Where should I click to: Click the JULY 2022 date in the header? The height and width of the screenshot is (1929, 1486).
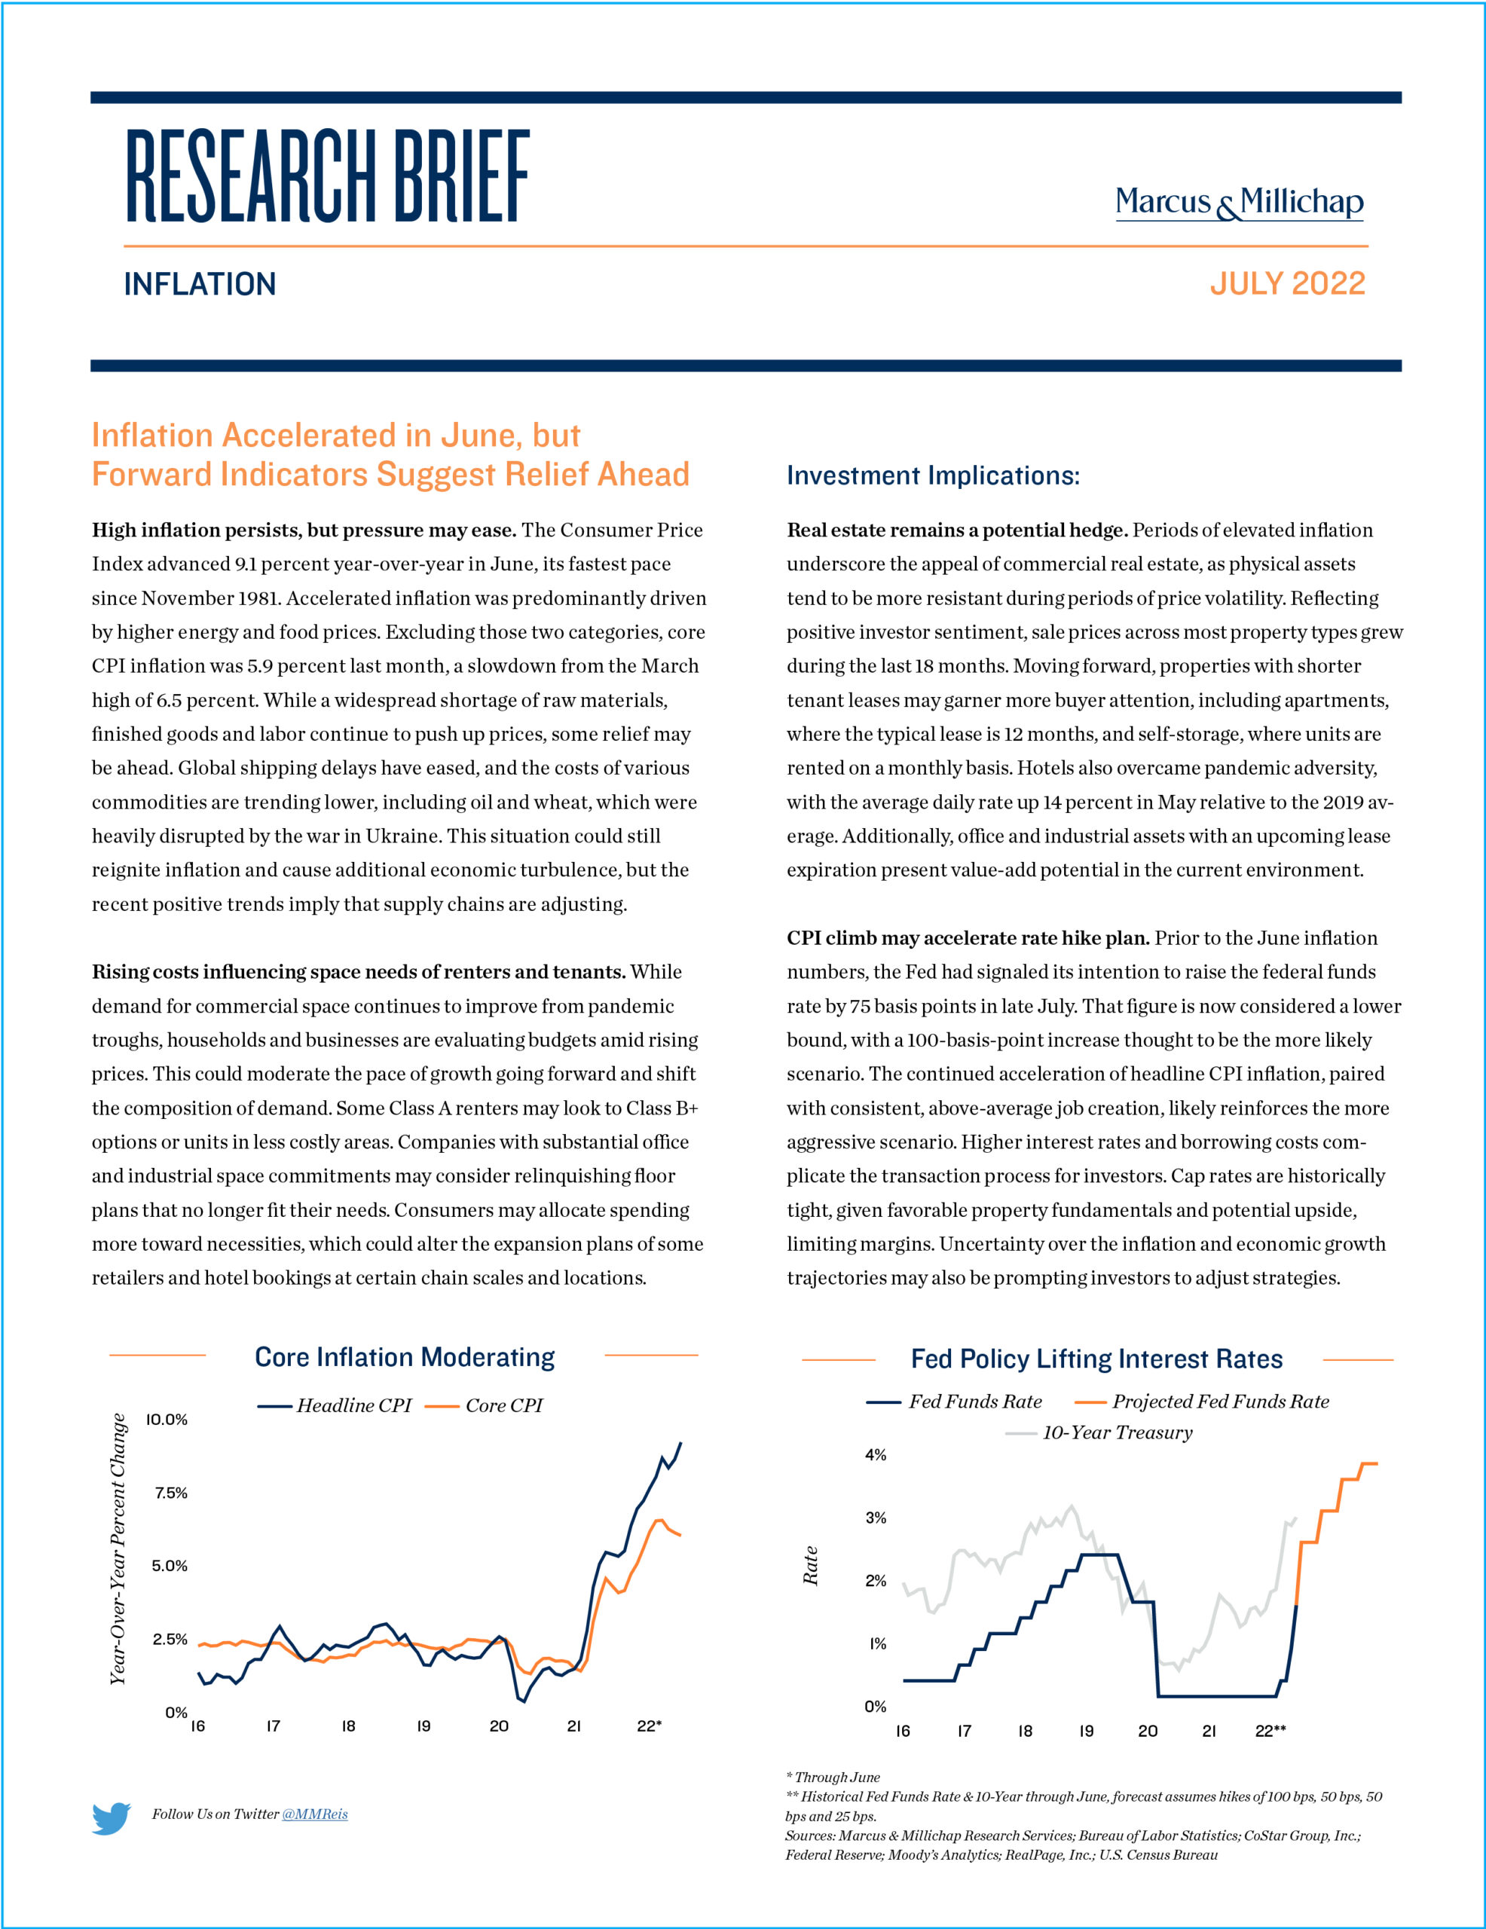pos(1287,283)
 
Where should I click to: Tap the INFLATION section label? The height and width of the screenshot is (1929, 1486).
pos(200,284)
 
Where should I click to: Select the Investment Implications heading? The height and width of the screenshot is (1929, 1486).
pos(933,475)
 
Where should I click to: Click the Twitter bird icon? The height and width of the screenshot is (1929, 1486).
pos(112,1818)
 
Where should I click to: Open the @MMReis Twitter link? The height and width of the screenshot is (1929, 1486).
pos(314,1814)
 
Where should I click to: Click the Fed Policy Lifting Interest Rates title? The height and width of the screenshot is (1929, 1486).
pos(1096,1359)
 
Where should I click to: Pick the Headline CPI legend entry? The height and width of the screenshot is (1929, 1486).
pos(335,1405)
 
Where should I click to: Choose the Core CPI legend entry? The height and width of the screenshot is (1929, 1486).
pos(483,1405)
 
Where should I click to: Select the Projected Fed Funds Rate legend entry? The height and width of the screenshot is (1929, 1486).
pos(1201,1402)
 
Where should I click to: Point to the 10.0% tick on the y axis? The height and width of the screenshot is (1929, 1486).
pos(167,1420)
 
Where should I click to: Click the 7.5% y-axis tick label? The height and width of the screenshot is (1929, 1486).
pos(171,1493)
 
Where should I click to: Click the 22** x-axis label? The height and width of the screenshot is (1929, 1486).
pos(1270,1731)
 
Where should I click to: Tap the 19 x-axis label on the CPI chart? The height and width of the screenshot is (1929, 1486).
pos(424,1726)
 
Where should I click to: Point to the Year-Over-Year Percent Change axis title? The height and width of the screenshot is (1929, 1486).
pos(118,1549)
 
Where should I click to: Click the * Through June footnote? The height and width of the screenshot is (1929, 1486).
pos(833,1777)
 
